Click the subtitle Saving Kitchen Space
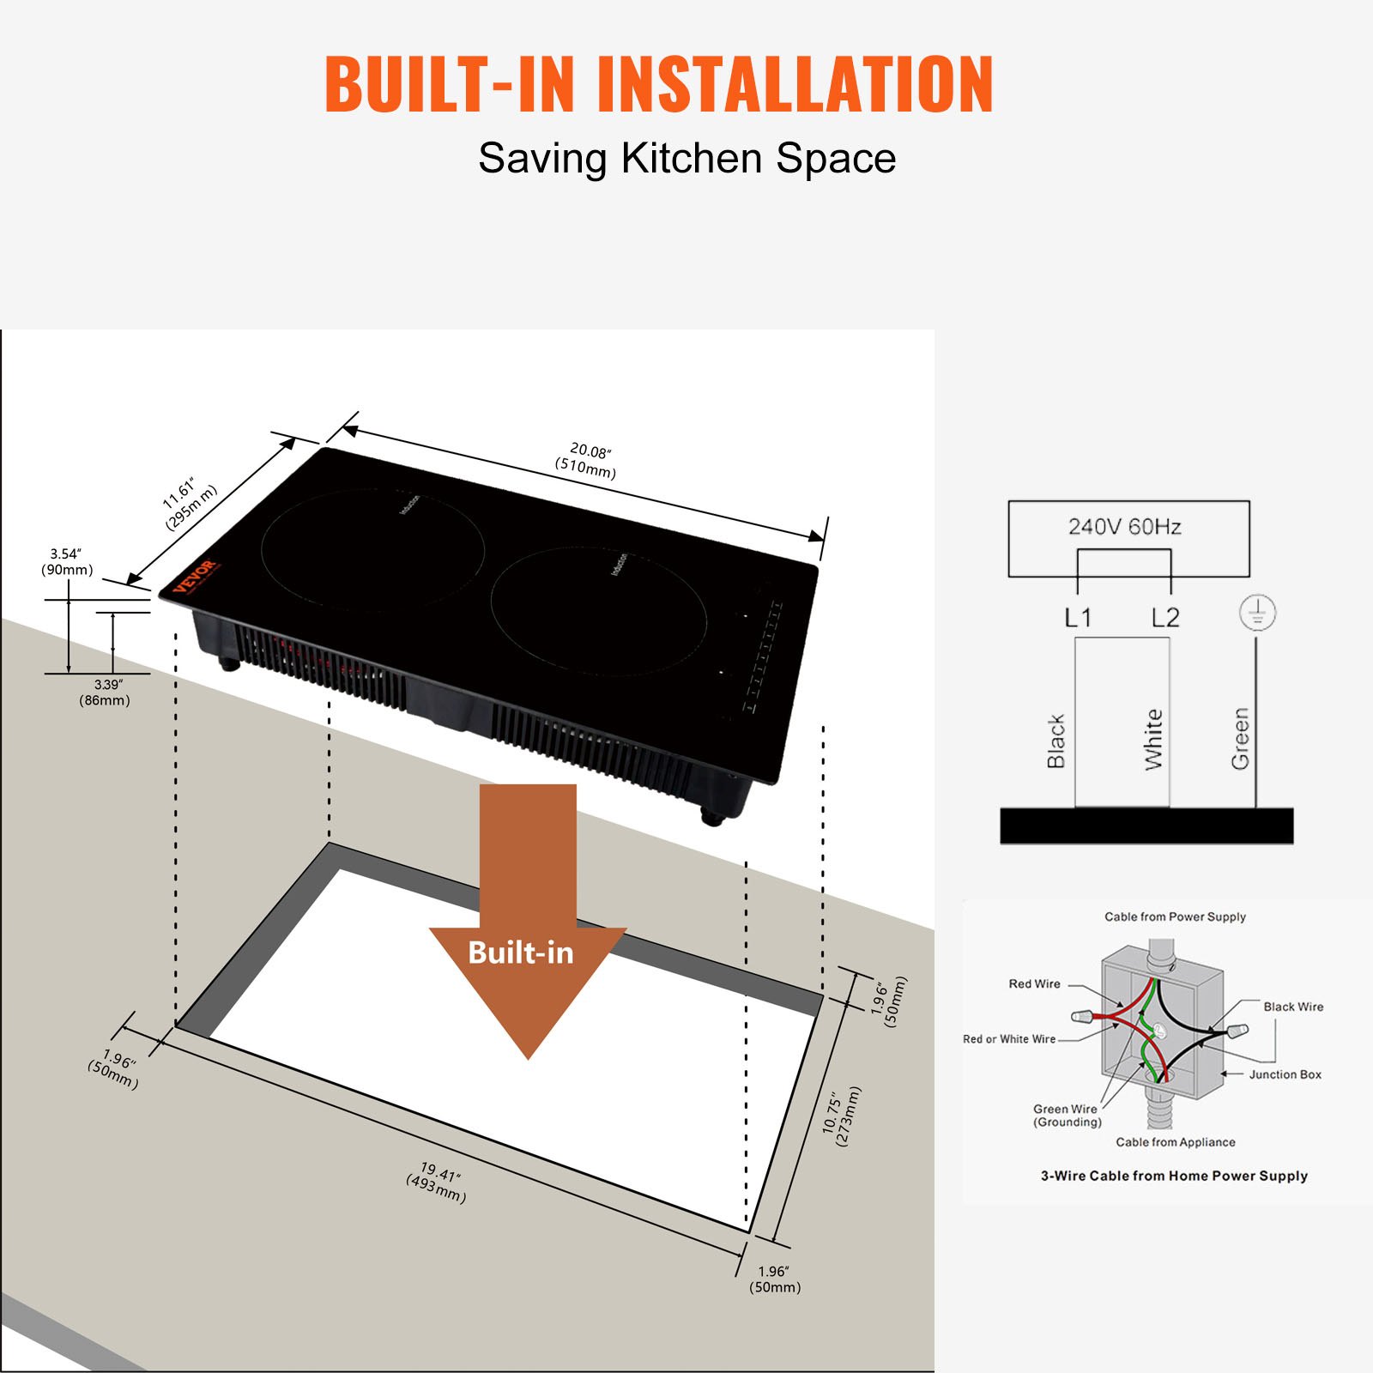(x=686, y=159)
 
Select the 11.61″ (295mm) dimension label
(x=188, y=505)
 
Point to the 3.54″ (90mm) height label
(x=66, y=562)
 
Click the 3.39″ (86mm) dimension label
(x=106, y=693)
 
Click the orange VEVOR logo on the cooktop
(x=197, y=576)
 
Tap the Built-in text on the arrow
(x=520, y=953)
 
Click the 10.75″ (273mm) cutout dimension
(x=842, y=1116)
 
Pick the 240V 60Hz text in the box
(x=1124, y=527)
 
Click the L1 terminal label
(x=1078, y=618)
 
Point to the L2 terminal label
(x=1165, y=618)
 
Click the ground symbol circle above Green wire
(x=1257, y=613)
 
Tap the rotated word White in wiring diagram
(x=1153, y=740)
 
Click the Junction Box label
(x=1285, y=1074)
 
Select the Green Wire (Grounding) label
(x=1066, y=1115)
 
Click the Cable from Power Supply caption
(x=1175, y=916)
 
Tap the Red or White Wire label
(x=1009, y=1039)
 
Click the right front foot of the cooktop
(x=711, y=816)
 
